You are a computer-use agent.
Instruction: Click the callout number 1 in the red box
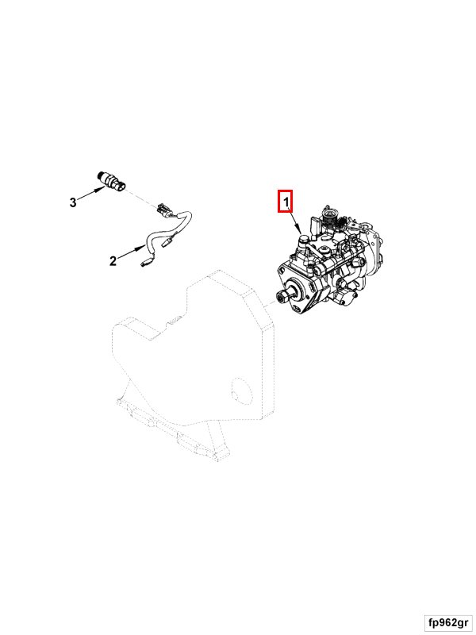tap(286, 202)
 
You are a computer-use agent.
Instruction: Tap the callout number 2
tap(113, 261)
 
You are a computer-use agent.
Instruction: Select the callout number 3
tap(73, 202)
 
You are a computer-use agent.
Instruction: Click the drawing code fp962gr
tap(448, 622)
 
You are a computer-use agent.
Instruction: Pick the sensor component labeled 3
tap(112, 181)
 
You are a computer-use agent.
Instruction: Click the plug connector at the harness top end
tap(167, 210)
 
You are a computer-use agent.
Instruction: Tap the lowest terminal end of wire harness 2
tap(145, 264)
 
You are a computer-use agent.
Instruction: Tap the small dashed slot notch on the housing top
tap(175, 321)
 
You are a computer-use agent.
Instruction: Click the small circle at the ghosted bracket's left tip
tap(118, 402)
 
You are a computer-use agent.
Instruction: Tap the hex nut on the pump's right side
tap(356, 264)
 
